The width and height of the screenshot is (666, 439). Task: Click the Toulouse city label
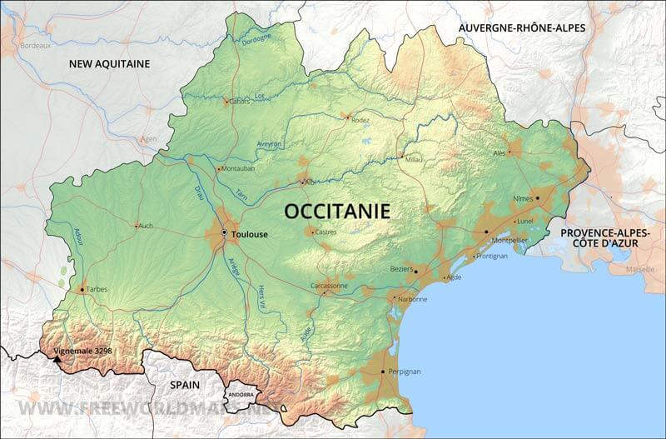point(250,235)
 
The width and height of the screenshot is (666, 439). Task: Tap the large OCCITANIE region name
point(337,211)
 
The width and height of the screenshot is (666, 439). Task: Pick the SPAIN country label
point(186,385)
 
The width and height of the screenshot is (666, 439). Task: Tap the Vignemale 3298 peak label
point(82,352)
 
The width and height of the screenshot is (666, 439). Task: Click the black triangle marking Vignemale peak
point(57,360)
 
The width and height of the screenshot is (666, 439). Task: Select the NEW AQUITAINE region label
point(109,63)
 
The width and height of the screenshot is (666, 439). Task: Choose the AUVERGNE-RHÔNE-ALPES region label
point(522,27)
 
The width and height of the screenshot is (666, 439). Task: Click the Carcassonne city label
point(330,285)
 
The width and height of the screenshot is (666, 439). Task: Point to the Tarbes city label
point(97,289)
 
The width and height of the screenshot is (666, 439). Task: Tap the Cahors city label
point(240,102)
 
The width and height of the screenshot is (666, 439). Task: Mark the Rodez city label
point(360,120)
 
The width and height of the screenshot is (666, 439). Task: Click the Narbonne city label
point(413,299)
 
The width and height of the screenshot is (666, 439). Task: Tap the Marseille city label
point(639,271)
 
